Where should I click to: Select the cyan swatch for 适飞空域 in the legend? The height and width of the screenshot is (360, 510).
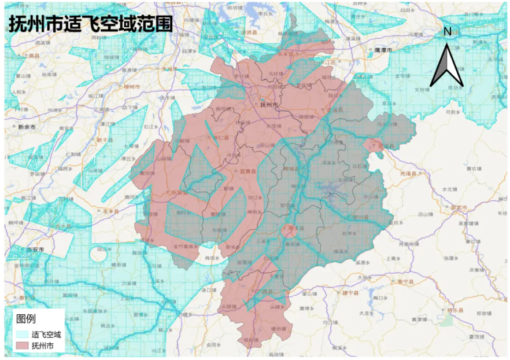pos(22,334)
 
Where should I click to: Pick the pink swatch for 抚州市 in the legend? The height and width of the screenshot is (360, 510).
pos(22,346)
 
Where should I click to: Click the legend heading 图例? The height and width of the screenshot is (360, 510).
pos(26,319)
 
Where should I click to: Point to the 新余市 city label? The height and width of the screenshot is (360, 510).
pos(27,126)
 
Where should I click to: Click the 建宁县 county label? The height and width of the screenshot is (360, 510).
pos(351,293)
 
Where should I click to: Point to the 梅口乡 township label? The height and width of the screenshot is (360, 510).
pos(379,297)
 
